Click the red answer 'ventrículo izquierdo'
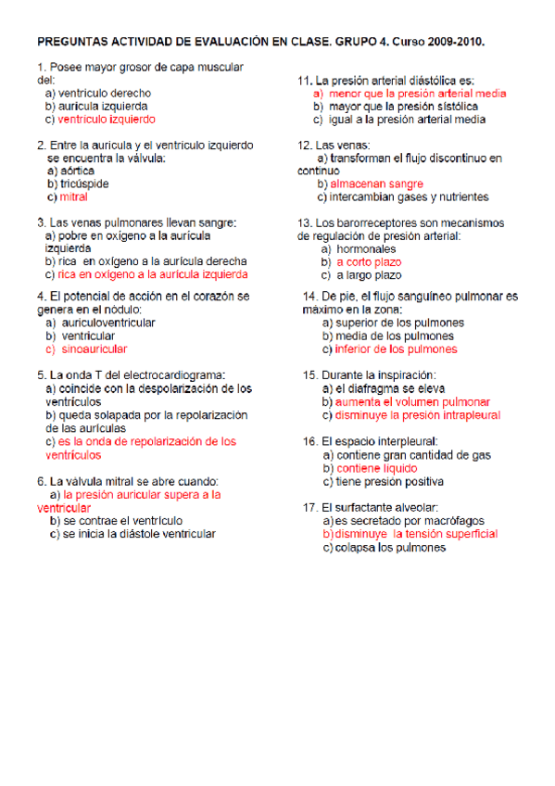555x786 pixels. (x=106, y=120)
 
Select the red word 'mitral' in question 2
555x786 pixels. (x=73, y=197)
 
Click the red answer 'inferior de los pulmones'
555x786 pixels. (x=396, y=349)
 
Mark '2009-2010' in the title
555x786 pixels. (x=455, y=43)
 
